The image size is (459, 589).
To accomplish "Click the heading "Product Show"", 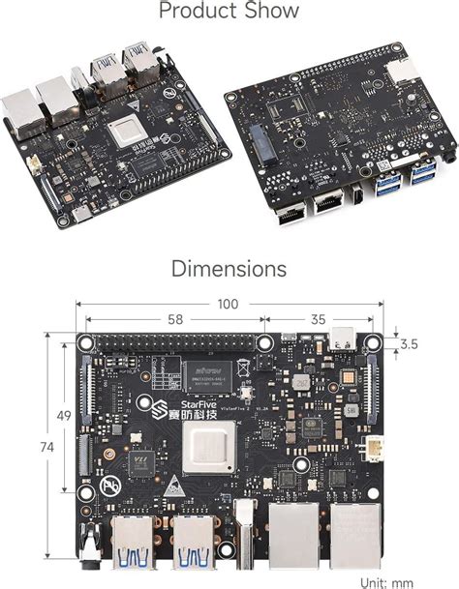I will click(x=229, y=13).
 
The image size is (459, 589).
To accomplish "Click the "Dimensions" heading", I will click(x=229, y=267).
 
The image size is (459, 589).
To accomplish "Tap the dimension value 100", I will click(x=229, y=304).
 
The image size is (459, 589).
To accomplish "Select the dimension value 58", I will click(x=174, y=318).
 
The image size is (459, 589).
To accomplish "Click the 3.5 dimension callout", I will click(x=410, y=343).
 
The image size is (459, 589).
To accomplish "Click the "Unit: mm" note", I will click(x=400, y=581).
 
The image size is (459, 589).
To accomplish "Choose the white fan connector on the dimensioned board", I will click(x=373, y=450).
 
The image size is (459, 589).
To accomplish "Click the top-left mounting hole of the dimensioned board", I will click(x=85, y=343).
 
